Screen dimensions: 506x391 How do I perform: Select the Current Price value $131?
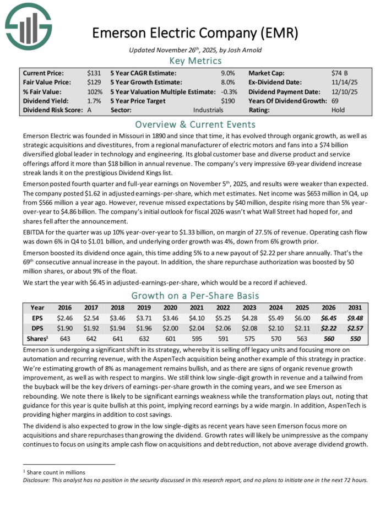94,73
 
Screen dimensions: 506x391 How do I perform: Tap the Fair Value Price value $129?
94,82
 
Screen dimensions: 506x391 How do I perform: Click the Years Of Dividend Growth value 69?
336,101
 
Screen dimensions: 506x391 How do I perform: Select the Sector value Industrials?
220,110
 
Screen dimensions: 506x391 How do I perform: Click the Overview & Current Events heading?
196,124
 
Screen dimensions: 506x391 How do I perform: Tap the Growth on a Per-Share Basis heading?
196,296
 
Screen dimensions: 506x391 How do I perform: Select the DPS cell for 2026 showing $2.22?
326,329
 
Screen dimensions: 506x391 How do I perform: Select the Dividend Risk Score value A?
90,110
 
